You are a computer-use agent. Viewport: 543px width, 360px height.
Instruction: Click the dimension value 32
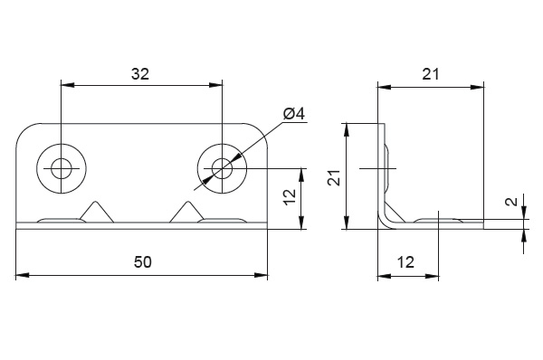coord(140,74)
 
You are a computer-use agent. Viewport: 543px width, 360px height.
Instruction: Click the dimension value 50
coord(143,262)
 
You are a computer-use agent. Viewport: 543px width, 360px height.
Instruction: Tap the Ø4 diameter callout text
coord(294,114)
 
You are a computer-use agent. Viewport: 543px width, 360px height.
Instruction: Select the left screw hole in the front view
coord(62,168)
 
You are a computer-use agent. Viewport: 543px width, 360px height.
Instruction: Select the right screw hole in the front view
coord(222,168)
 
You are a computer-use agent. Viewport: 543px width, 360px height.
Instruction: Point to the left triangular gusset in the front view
coord(97,212)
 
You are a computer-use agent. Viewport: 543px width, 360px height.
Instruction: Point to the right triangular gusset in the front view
coord(187,212)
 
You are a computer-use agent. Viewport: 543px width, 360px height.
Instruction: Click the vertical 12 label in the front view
coord(290,197)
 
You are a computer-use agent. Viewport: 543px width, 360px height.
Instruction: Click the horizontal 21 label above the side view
coord(431,74)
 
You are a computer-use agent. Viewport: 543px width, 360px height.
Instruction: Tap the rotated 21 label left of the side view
coord(335,177)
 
